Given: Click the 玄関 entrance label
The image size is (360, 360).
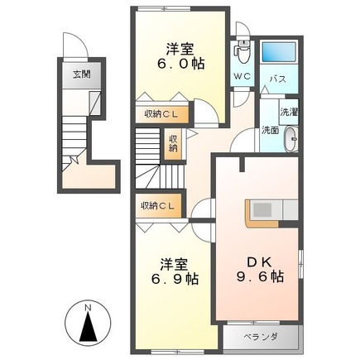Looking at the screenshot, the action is [82, 74].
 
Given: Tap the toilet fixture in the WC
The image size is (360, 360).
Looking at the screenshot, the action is [242, 52].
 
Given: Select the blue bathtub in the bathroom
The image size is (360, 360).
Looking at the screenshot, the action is [279, 51].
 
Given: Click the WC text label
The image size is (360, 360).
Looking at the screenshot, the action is [242, 76].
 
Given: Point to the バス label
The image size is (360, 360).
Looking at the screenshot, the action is [278, 79].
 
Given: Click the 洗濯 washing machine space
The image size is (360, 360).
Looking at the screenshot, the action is [289, 112].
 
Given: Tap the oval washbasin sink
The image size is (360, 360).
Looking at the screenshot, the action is [291, 139].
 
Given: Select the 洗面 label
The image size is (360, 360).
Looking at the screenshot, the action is [271, 130].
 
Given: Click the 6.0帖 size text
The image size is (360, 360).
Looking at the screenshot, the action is [181, 64].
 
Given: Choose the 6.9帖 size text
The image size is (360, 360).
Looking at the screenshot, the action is [175, 279].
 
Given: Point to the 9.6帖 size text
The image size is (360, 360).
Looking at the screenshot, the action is [260, 276].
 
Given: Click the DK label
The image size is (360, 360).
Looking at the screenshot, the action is [260, 262].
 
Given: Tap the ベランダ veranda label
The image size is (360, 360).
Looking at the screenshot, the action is [261, 337].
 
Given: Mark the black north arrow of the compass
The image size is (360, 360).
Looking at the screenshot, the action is [89, 327].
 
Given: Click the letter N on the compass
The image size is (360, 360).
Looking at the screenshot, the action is [88, 307].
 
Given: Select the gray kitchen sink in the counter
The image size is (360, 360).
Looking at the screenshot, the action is [262, 210].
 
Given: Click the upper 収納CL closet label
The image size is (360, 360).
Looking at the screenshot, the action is [161, 114].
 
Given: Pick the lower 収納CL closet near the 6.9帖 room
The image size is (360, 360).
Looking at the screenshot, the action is [158, 205].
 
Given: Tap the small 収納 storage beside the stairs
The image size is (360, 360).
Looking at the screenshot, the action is [173, 144].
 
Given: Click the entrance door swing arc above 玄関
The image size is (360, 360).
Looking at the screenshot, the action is [75, 44].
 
